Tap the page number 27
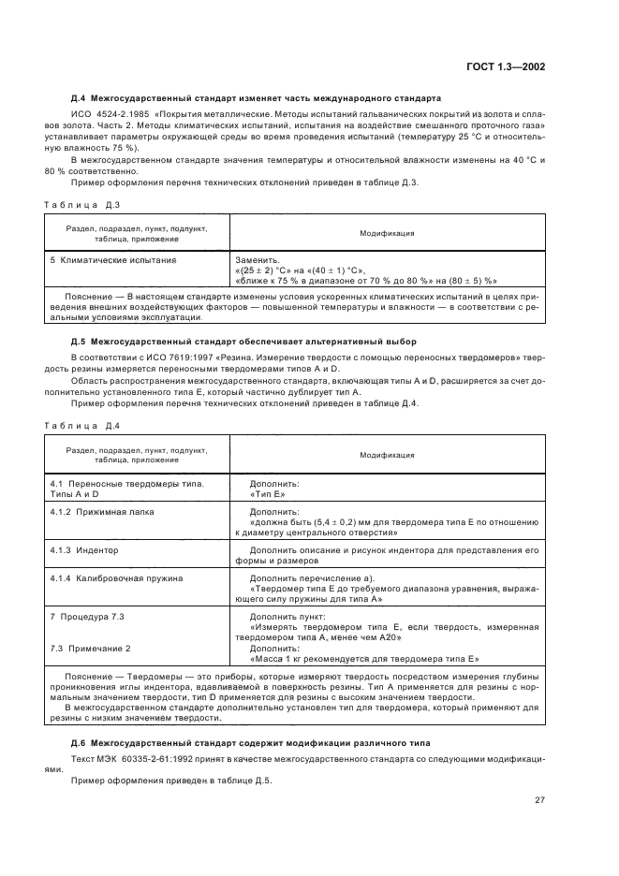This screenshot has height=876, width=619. point(539,800)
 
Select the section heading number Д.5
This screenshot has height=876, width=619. point(81,342)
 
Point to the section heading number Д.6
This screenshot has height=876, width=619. point(81,716)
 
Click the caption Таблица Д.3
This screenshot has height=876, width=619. point(82,203)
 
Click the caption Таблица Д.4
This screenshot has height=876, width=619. point(82,427)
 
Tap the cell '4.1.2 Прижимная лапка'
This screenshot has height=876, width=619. point(102,512)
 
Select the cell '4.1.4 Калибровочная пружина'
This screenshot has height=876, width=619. point(116,578)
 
